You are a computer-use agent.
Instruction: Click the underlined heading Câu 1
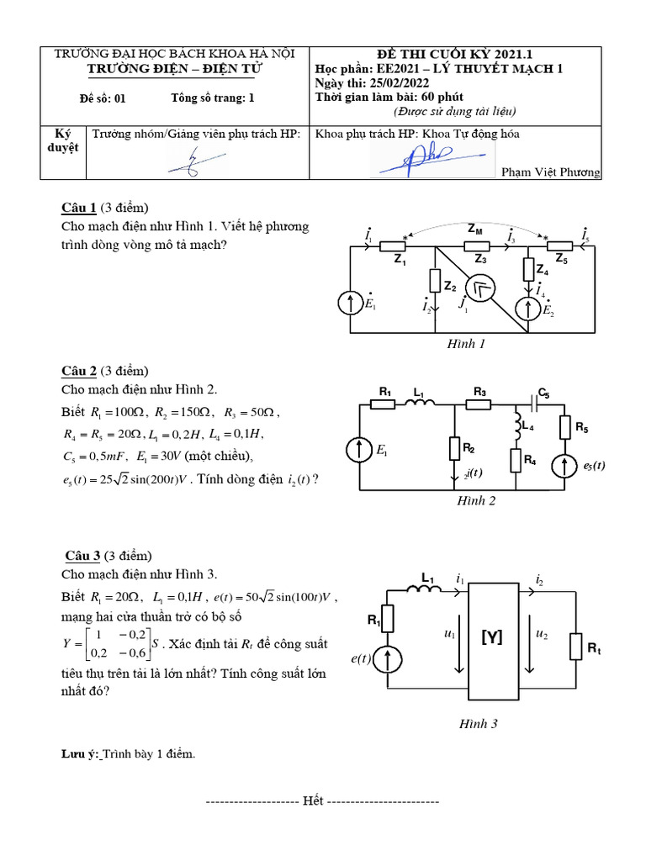pos(80,209)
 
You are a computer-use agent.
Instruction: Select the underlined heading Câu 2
pos(80,370)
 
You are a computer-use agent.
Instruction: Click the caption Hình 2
pos(476,501)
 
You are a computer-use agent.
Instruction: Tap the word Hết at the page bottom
pos(314,801)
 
